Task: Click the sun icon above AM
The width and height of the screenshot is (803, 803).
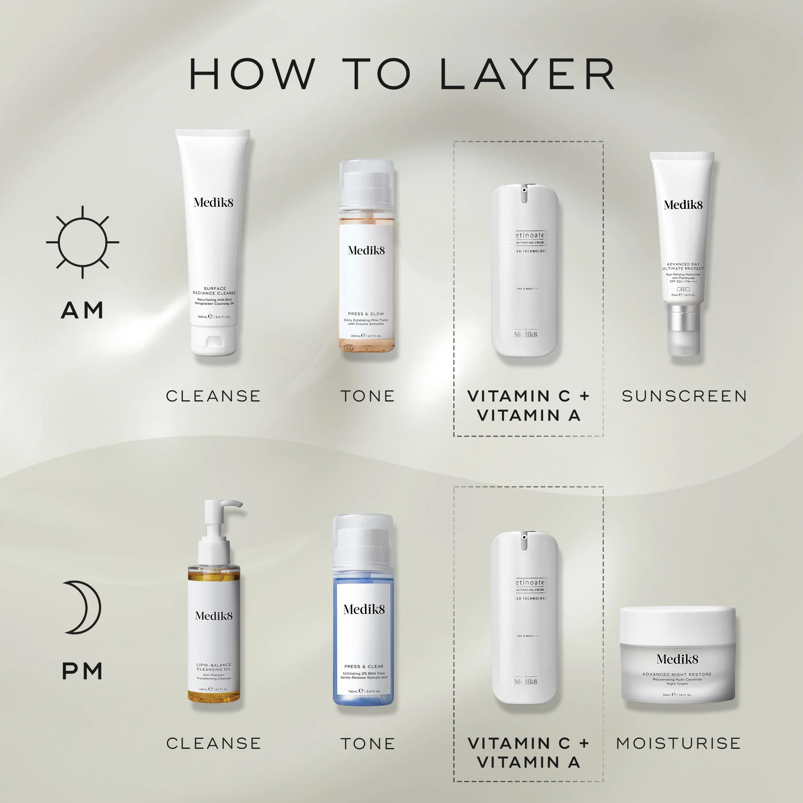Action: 82,242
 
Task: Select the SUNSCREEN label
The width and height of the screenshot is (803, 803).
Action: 684,396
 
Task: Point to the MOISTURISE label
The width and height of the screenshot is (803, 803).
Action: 678,743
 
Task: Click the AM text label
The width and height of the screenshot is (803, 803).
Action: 82,310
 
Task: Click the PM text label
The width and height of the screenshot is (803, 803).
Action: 82,671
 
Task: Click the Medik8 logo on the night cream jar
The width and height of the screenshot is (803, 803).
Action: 677,659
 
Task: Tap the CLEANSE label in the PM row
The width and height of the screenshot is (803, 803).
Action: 214,743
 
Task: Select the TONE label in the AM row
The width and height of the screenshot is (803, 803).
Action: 367,396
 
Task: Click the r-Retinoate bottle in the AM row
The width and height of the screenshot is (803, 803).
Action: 524,270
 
